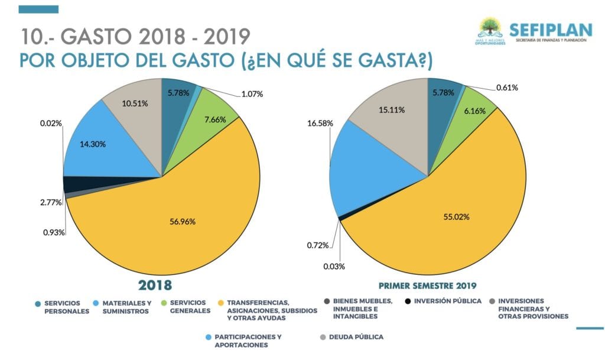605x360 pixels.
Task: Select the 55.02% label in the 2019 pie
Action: [457, 217]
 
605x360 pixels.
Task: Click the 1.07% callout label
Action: [252, 93]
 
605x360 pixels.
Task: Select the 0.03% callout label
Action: [334, 266]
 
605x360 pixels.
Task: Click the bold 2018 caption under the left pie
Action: [155, 286]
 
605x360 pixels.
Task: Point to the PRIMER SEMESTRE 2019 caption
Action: [428, 286]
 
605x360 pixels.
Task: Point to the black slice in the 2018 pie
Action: [73, 184]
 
